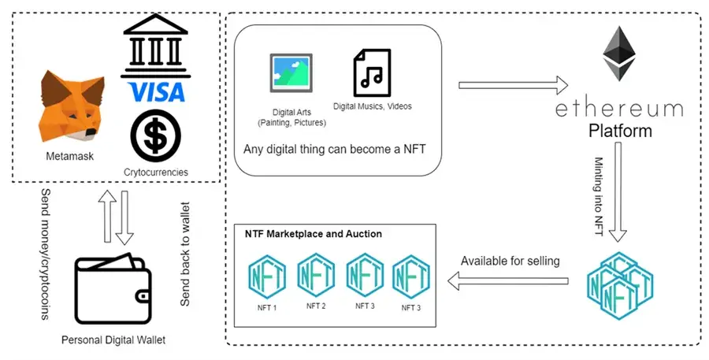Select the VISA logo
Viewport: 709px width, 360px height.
(x=154, y=92)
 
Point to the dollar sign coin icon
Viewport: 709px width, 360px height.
(x=154, y=134)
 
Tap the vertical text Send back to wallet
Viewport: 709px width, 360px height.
(x=185, y=251)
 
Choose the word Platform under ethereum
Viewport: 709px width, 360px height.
(x=620, y=131)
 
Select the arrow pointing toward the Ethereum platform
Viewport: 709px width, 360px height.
(x=513, y=84)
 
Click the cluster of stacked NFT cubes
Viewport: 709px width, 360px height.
(x=619, y=280)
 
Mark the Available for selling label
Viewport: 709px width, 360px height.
(x=510, y=260)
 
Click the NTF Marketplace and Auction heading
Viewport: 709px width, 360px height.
(x=313, y=234)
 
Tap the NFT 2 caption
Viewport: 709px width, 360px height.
(x=311, y=305)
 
